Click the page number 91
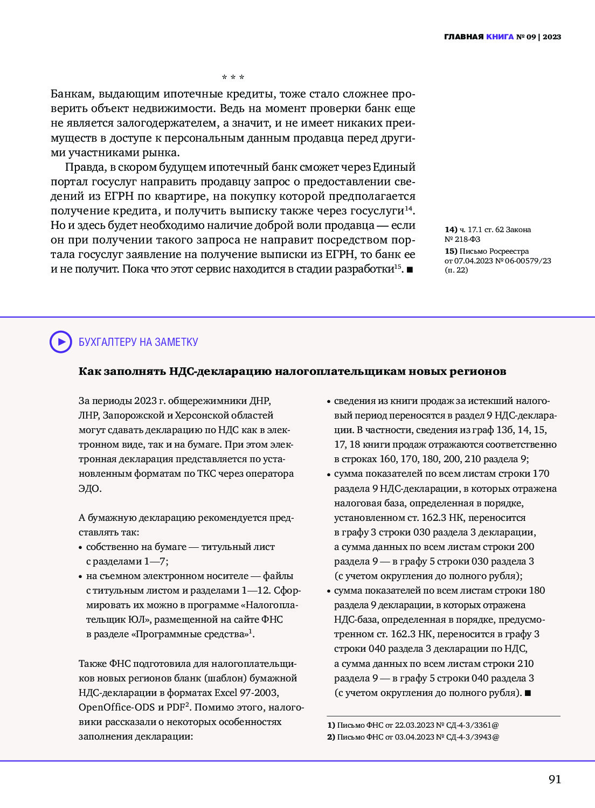tap(555, 779)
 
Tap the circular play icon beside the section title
tap(61, 342)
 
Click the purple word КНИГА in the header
tap(500, 37)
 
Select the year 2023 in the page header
tap(552, 37)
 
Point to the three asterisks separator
tap(233, 78)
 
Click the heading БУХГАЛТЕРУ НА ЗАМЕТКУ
tap(139, 342)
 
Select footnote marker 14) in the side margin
tap(451, 229)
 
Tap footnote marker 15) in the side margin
tap(451, 251)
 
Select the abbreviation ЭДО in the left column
tap(89, 489)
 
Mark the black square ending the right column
tap(528, 693)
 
